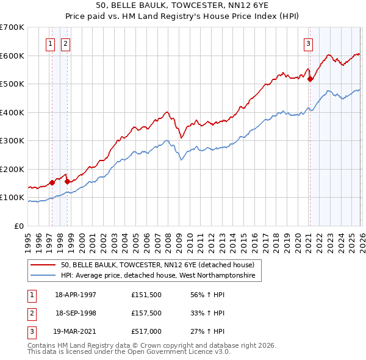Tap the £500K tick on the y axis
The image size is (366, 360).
click(12, 84)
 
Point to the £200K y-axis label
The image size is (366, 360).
click(12, 169)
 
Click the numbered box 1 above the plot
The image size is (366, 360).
click(49, 43)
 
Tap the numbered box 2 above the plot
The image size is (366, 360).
click(65, 43)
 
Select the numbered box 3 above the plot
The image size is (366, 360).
click(309, 43)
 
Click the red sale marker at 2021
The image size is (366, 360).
click(310, 79)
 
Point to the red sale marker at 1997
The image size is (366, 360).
click(52, 182)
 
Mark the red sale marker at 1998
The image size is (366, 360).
click(67, 181)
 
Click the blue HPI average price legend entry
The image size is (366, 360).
click(161, 276)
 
